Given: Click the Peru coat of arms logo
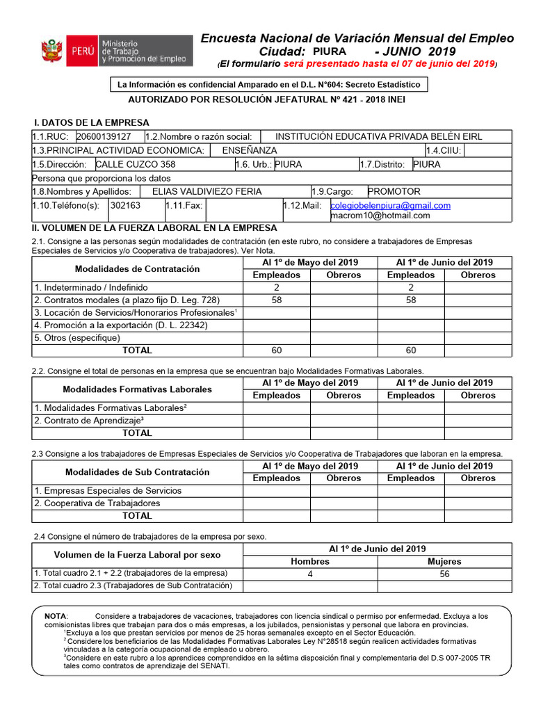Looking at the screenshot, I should (x=52, y=52).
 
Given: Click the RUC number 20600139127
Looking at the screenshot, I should (x=104, y=137).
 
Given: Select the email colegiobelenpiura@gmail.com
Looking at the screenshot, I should (x=390, y=206).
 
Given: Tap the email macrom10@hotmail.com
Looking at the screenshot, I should (x=380, y=216).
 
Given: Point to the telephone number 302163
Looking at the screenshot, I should (x=125, y=206).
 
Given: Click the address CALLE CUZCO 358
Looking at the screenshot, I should (x=135, y=165).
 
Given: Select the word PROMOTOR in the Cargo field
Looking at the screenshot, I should (x=394, y=192).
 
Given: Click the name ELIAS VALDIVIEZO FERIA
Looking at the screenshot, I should (x=207, y=192).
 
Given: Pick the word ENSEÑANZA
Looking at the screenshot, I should (x=249, y=151).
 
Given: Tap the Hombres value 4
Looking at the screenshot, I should (x=310, y=574).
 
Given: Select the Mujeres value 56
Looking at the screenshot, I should (x=444, y=574).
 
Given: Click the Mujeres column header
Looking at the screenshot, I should (x=444, y=562).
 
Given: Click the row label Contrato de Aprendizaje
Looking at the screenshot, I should (x=89, y=421).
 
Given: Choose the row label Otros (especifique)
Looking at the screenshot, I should (x=77, y=338).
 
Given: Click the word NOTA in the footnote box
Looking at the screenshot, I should (x=56, y=617).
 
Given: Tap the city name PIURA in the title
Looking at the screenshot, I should (x=329, y=52).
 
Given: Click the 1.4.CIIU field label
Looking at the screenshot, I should (x=444, y=151).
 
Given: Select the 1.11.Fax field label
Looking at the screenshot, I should (x=184, y=206).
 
